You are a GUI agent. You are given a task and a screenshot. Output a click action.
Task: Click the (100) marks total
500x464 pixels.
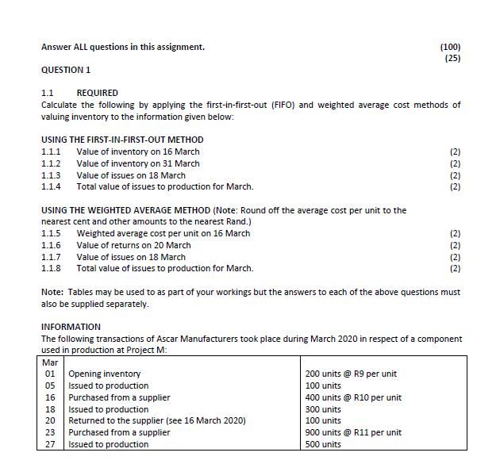point(449,47)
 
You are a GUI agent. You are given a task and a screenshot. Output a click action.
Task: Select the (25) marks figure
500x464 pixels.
point(452,58)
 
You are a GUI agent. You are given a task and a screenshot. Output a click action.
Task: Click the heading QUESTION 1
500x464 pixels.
point(65,70)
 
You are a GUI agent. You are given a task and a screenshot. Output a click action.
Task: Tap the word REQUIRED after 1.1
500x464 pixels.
point(97,94)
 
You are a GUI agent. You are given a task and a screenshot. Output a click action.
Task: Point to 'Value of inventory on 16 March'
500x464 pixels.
point(137,151)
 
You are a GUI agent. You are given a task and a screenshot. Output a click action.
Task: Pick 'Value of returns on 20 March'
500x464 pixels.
point(133,245)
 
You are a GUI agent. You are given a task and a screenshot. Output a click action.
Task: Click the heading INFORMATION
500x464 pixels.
point(71,327)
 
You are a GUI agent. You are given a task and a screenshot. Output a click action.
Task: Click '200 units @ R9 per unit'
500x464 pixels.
point(351,374)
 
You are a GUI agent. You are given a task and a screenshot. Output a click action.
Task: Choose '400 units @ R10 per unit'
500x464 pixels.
point(353,397)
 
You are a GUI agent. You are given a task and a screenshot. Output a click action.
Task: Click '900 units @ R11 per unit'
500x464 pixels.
point(353,432)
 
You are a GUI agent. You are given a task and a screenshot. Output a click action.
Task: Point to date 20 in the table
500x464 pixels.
point(49,420)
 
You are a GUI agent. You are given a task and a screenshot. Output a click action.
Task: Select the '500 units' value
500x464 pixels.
point(323,444)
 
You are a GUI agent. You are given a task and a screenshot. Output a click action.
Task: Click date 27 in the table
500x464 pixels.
point(49,444)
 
